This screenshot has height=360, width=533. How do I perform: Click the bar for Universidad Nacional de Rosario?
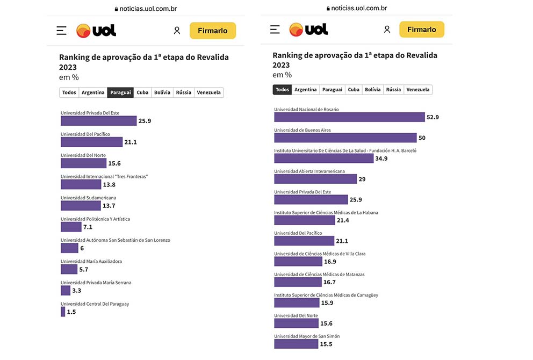(x=349, y=117)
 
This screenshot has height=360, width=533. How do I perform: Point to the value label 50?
(x=422, y=138)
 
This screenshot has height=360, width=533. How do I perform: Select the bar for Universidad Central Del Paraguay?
(x=63, y=312)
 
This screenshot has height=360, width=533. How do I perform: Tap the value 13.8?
(x=109, y=185)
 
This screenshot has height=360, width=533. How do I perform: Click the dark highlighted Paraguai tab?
(x=120, y=92)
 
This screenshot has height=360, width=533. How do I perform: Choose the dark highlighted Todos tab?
(x=282, y=90)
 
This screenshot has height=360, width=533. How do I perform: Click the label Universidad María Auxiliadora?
(x=91, y=262)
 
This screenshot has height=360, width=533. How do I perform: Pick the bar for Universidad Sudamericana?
(x=81, y=206)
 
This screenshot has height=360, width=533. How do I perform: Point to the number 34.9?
(x=381, y=159)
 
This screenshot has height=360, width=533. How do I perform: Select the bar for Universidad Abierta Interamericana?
(x=315, y=179)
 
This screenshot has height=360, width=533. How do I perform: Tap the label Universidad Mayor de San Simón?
(x=307, y=336)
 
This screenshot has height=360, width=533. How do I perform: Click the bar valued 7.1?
(x=71, y=227)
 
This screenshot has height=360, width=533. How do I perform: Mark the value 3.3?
(x=77, y=291)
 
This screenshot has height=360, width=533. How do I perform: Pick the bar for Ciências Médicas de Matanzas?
(x=298, y=282)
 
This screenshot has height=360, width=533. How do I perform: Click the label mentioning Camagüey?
(x=326, y=295)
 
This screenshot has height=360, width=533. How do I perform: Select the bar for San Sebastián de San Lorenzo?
(x=69, y=248)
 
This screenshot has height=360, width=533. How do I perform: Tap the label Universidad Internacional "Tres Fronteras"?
(x=104, y=177)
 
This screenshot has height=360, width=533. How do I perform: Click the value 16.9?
(x=330, y=262)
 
